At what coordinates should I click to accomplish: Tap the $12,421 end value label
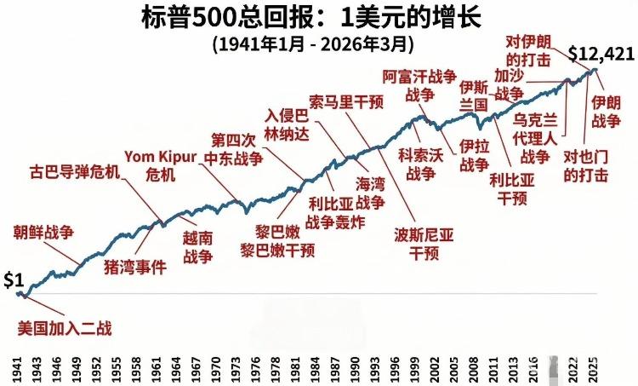click(x=601, y=55)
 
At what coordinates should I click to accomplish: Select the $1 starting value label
click(x=14, y=280)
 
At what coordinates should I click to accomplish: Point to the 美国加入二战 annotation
click(x=66, y=327)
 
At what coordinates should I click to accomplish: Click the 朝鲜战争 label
click(x=43, y=231)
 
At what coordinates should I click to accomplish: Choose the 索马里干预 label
click(x=347, y=100)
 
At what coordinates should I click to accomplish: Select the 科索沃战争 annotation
click(x=423, y=164)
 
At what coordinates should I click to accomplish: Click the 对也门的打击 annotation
click(x=587, y=166)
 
